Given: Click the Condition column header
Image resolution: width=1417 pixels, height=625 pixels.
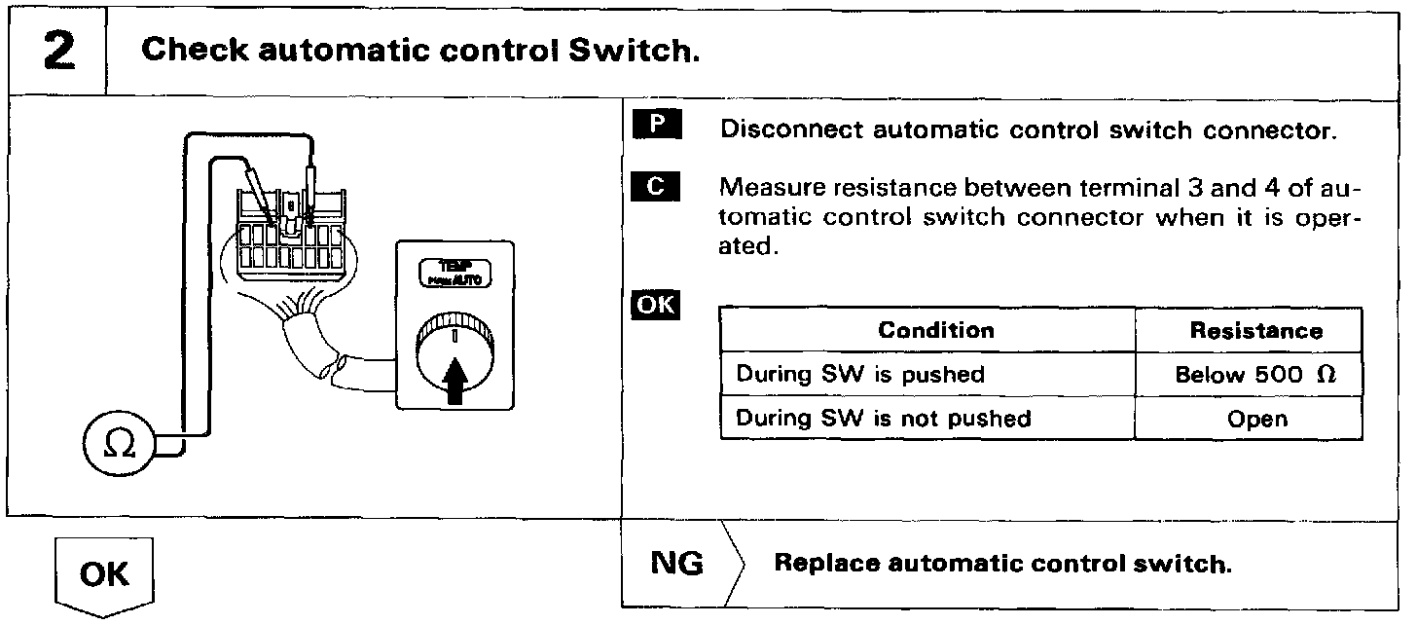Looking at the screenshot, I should pyautogui.click(x=936, y=330).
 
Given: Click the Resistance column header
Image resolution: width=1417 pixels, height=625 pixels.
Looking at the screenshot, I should pyautogui.click(x=1255, y=330).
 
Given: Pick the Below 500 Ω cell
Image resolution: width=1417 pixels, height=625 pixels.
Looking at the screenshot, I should pyautogui.click(x=1255, y=375).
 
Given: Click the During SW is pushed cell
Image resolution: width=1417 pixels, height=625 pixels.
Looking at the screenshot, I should pyautogui.click(x=860, y=375).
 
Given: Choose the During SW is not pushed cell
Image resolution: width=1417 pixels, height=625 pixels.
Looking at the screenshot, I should pyautogui.click(x=883, y=419).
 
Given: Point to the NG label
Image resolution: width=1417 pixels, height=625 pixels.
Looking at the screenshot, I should pyautogui.click(x=676, y=565).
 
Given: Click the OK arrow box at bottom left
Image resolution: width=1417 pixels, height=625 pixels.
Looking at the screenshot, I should pyautogui.click(x=105, y=574).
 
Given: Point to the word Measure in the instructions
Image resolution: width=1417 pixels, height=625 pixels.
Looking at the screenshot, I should pyautogui.click(x=769, y=187).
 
